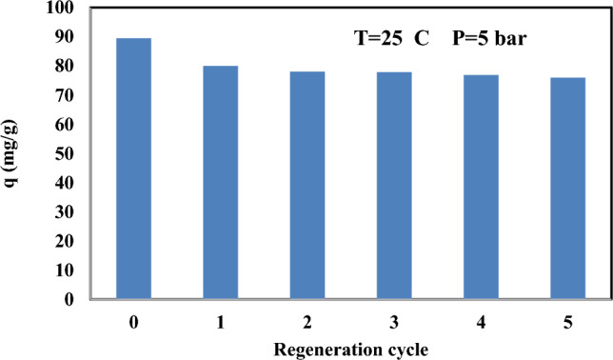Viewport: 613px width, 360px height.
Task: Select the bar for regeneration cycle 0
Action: [133, 169]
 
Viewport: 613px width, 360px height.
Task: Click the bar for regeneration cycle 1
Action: [221, 182]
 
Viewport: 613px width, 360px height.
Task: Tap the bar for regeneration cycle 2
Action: [307, 185]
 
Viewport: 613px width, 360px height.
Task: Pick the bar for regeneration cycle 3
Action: [395, 186]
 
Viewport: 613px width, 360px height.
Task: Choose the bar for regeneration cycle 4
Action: [482, 187]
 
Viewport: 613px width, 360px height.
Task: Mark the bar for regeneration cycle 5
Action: [568, 189]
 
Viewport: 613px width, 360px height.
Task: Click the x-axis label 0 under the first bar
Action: [133, 321]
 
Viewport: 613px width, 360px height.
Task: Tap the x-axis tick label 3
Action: [395, 321]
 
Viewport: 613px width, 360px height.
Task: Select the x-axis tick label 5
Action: [568, 321]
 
